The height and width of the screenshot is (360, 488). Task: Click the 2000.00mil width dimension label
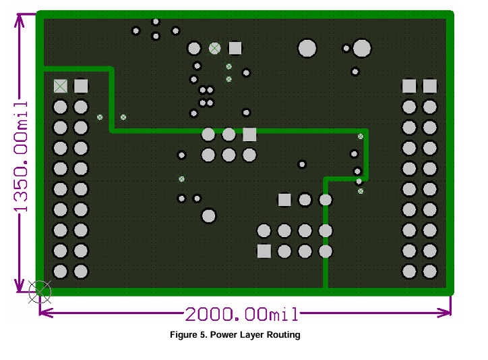tap(242, 314)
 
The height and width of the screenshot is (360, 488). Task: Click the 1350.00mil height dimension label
tap(21, 157)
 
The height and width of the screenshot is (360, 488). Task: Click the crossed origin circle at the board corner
tap(40, 292)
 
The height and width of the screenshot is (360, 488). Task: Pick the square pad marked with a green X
tap(61, 86)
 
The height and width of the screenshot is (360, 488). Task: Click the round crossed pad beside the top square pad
tap(214, 49)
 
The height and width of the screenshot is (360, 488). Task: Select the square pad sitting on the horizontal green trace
tap(249, 134)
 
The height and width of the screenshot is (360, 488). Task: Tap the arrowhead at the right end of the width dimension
tap(444, 312)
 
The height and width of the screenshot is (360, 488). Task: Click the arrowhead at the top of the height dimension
tap(20, 20)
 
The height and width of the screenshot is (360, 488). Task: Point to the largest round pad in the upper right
tap(362, 49)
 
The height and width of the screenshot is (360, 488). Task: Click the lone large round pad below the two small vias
tap(208, 216)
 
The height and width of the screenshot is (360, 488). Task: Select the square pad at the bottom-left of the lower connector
tap(264, 251)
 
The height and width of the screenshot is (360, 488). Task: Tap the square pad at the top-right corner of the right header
tap(430, 86)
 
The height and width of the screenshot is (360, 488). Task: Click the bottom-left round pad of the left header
tap(61, 272)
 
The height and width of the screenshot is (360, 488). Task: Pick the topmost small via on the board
tap(156, 22)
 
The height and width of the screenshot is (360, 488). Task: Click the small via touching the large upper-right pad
tap(346, 49)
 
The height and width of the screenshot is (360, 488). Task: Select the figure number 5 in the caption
tap(202, 335)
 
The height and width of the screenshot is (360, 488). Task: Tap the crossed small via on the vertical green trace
tap(361, 136)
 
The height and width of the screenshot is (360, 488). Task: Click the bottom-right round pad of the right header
tap(430, 272)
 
